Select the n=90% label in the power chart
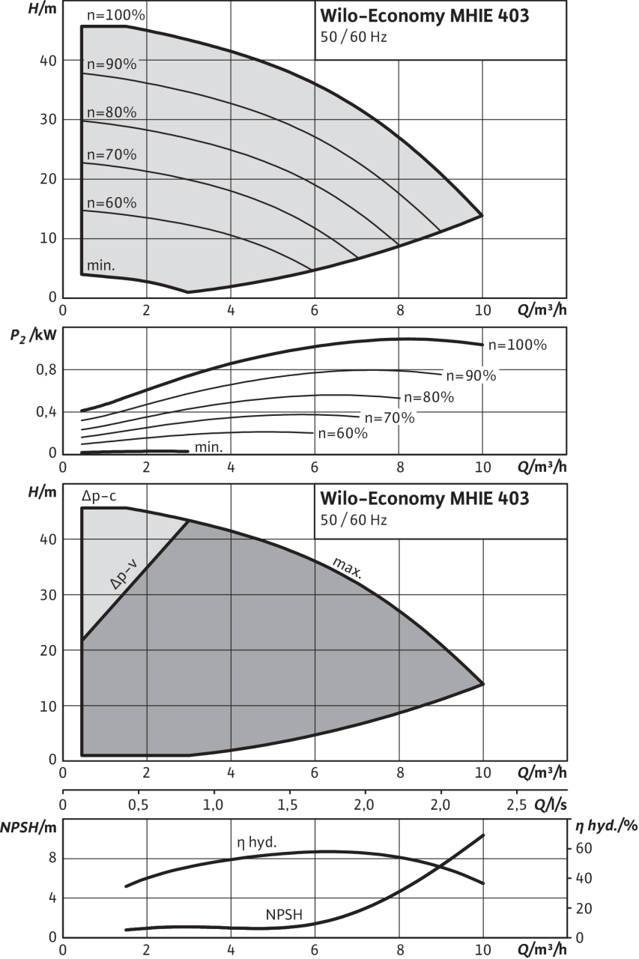[470, 376]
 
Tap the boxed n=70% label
[388, 418]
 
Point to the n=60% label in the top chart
[112, 203]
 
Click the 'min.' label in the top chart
[101, 265]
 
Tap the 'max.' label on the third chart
[348, 569]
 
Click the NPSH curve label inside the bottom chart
[285, 914]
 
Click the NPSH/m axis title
[28, 828]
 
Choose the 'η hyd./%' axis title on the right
[605, 828]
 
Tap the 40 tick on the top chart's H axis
[47, 61]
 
